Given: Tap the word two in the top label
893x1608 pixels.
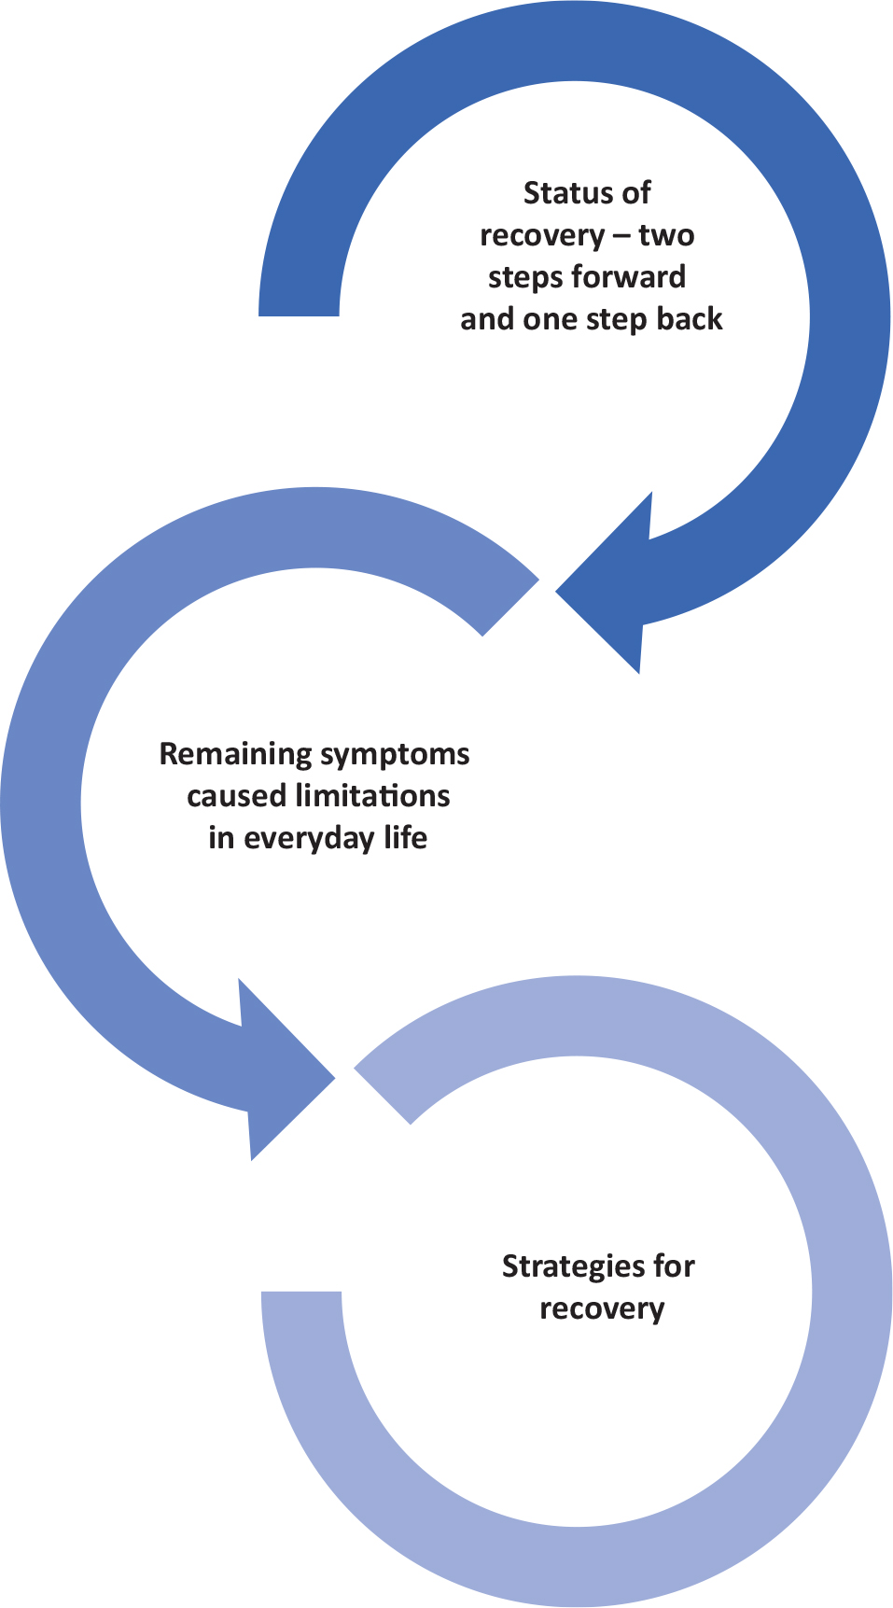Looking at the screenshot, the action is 667,234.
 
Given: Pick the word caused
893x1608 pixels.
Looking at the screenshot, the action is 237,796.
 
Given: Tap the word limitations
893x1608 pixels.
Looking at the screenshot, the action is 372,796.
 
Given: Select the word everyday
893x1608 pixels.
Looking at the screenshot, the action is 310,839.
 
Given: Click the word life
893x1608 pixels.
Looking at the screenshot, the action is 406,837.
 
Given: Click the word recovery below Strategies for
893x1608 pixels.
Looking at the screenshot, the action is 602,1309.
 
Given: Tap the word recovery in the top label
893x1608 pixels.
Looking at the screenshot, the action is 543,236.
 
